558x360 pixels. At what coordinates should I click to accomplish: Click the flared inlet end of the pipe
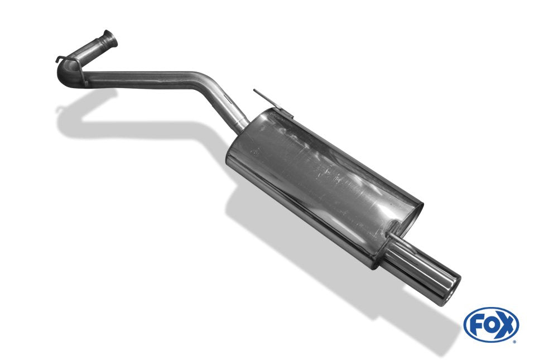click(110, 39)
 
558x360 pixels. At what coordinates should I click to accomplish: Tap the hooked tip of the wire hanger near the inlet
click(57, 60)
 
